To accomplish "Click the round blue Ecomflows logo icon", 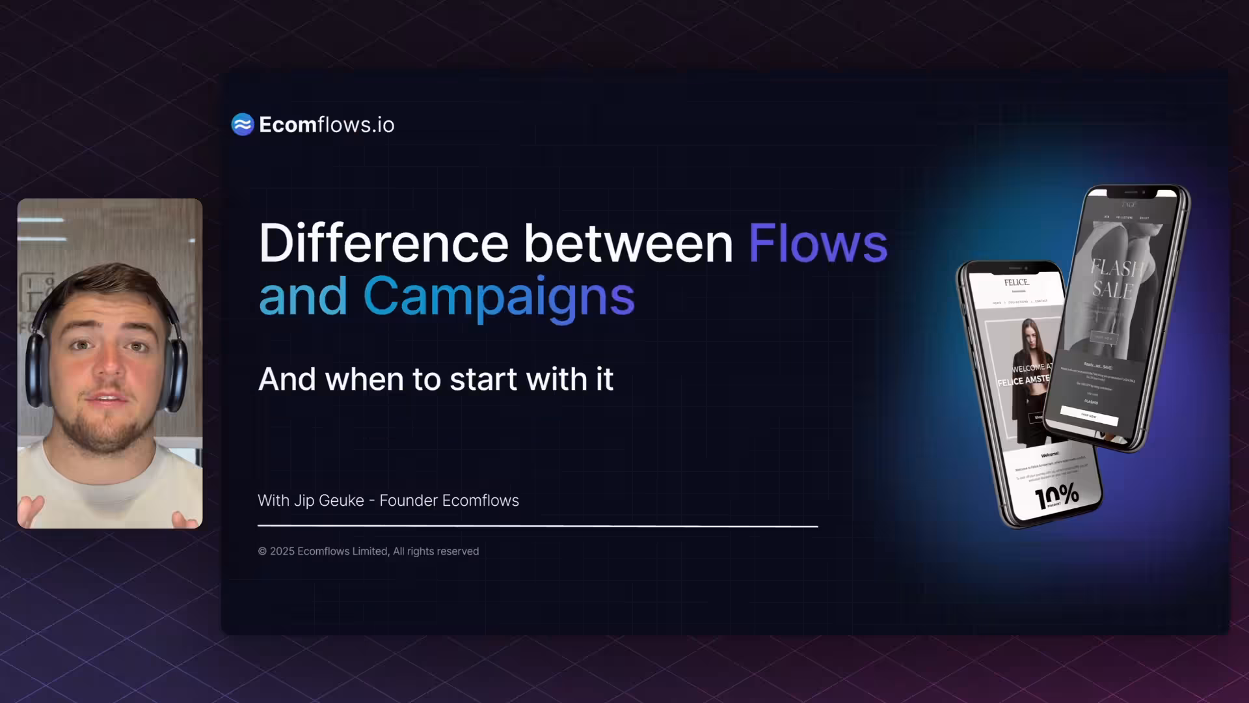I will pyautogui.click(x=243, y=124).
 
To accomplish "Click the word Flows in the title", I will pyautogui.click(x=818, y=243).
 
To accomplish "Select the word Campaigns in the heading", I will pyautogui.click(x=498, y=296).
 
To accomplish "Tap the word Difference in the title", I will pyautogui.click(x=383, y=243).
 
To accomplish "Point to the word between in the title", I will pyautogui.click(x=628, y=243).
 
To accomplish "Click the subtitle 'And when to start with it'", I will pyautogui.click(x=435, y=379).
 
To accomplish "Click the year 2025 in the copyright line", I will pyautogui.click(x=282, y=551).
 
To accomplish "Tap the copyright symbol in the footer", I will pyautogui.click(x=262, y=551).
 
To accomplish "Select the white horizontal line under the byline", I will pyautogui.click(x=537, y=525).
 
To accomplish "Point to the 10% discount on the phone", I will pyautogui.click(x=1057, y=497).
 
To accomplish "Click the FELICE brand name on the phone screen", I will pyautogui.click(x=1016, y=283).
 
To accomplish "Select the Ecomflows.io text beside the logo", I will pyautogui.click(x=327, y=124).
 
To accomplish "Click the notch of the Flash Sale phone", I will pyautogui.click(x=1131, y=193).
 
